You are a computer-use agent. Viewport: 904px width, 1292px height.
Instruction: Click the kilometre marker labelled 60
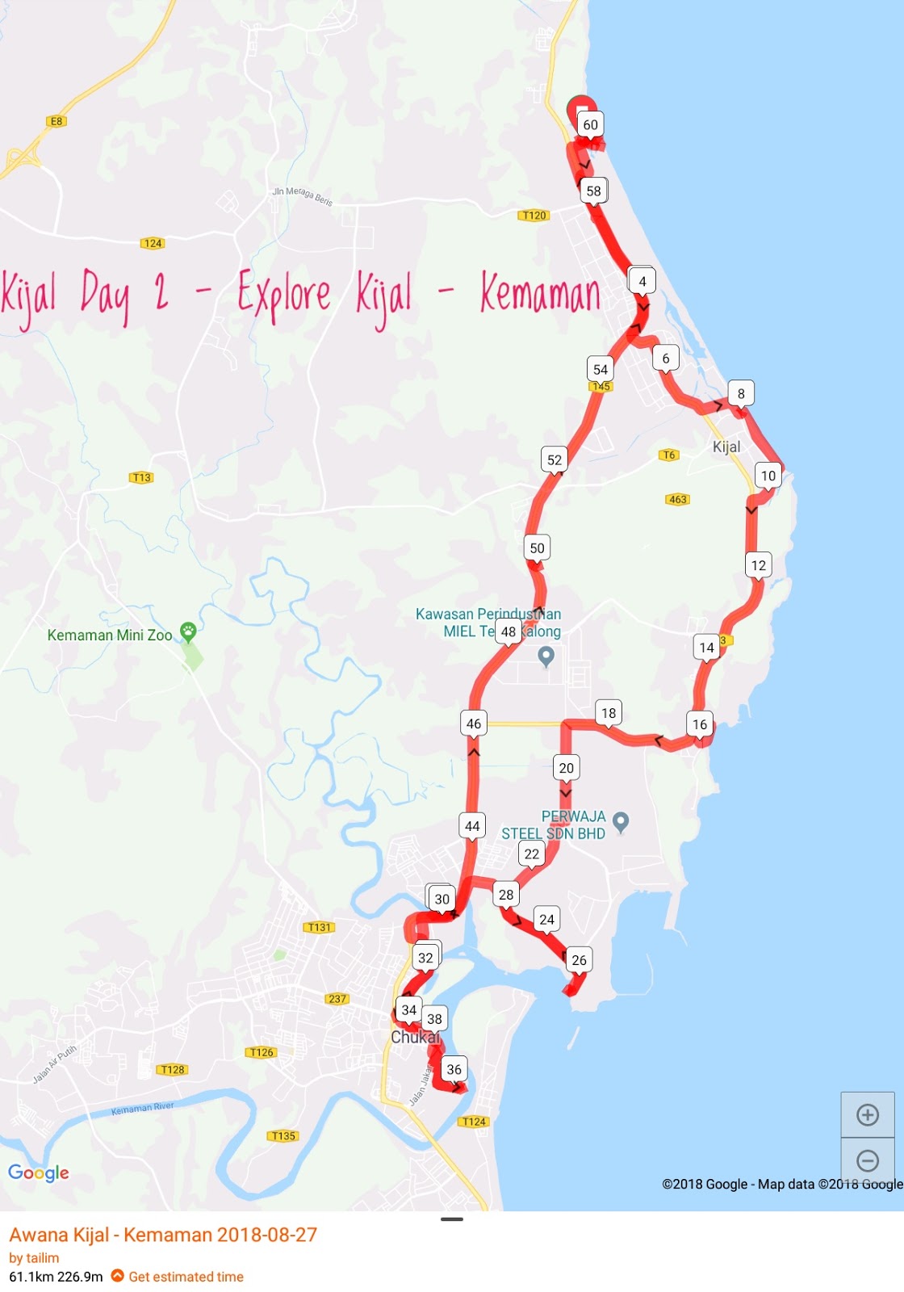click(x=591, y=124)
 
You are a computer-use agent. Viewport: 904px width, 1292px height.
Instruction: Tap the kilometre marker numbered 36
click(x=454, y=1069)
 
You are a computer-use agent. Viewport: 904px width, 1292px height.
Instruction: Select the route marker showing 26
click(x=579, y=959)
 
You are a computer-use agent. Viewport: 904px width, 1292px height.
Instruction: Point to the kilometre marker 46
click(x=474, y=724)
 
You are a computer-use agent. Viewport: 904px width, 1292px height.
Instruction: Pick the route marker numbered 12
click(x=759, y=564)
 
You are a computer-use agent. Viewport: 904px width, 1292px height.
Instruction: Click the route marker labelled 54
click(x=601, y=369)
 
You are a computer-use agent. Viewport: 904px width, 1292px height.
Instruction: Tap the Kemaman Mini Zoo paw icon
click(x=188, y=631)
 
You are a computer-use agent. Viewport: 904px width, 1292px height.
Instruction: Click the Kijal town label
click(x=726, y=447)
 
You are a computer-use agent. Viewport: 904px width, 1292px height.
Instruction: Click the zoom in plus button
click(x=868, y=1115)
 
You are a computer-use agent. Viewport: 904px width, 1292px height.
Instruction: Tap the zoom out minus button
click(x=868, y=1161)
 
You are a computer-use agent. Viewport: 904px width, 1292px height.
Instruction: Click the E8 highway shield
click(x=56, y=121)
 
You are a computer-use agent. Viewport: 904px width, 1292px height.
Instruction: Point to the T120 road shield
click(x=534, y=215)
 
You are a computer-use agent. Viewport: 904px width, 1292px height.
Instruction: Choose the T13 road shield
click(x=141, y=477)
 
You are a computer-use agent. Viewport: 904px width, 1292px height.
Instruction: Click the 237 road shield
click(x=337, y=999)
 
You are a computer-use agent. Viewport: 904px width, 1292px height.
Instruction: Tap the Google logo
click(x=39, y=1172)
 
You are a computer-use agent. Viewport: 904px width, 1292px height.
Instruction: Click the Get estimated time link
click(x=186, y=1277)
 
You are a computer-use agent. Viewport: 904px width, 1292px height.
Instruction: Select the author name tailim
click(x=42, y=1257)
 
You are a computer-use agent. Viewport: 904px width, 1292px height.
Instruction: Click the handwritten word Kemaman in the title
click(x=540, y=292)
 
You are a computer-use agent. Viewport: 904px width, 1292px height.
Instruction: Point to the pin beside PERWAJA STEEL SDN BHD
click(x=621, y=822)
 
